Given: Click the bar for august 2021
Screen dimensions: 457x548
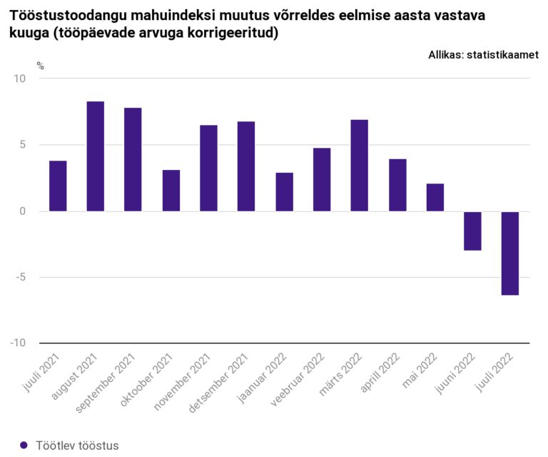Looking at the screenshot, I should coord(96,156).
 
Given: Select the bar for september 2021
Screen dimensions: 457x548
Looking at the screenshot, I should coord(133,159).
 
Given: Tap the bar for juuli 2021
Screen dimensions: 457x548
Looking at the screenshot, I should coord(58,186).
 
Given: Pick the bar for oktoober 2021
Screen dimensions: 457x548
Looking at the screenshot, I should coord(171,191).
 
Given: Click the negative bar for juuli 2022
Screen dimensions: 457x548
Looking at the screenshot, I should coord(509,253).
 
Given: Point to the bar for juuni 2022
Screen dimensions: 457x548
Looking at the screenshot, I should coord(472,231).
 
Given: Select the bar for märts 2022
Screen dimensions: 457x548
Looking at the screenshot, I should coord(360,166).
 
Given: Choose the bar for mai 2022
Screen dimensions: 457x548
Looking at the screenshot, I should coord(435,197).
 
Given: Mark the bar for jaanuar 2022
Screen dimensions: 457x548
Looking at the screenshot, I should coord(284,192).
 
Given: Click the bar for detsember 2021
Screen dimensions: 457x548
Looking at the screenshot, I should coord(246,166).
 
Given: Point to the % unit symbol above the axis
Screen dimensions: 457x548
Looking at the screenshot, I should coord(41,66).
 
